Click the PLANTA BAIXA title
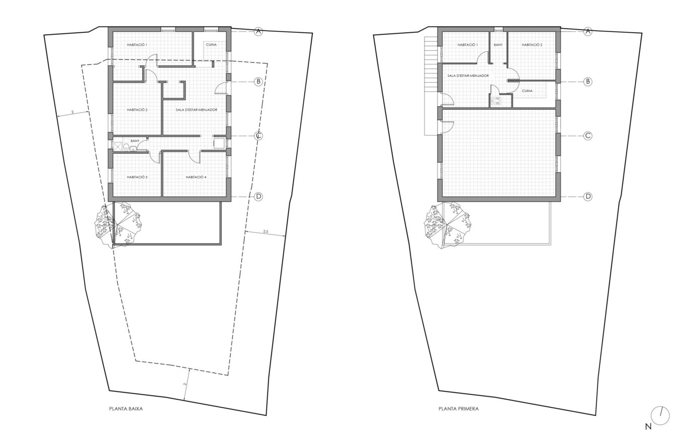point(126,408)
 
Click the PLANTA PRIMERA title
point(458,408)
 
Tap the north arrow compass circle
point(660,416)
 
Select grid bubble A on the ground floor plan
point(259,31)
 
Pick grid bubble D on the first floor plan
point(588,196)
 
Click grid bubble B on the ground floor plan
point(259,82)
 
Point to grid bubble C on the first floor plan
point(588,136)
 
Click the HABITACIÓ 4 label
point(196,177)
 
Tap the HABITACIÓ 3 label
point(137,177)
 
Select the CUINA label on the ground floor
point(211,45)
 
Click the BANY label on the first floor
point(498,45)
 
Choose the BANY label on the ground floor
point(135,141)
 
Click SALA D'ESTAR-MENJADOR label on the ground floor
point(196,110)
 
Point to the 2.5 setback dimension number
point(266,232)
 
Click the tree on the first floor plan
point(447,226)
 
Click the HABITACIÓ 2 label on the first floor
point(532,45)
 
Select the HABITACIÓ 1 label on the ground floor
point(137,45)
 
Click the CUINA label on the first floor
point(527,91)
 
